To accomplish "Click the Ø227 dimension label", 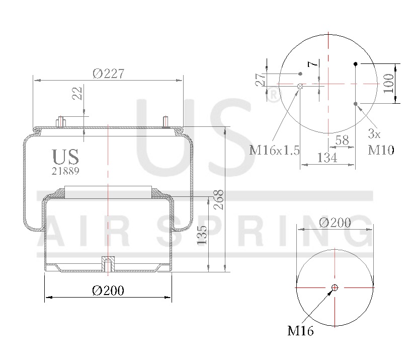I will pos(108,74).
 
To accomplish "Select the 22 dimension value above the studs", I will pos(77,93).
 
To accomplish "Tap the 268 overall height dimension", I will pos(218,198).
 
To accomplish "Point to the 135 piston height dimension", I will pos(202,235).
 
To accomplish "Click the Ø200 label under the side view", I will pos(108,291).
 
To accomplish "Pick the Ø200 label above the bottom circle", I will pos(336,222).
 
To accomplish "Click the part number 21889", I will pos(65,171).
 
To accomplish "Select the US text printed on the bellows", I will pos(66,157).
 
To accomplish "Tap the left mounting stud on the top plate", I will pos(61,122).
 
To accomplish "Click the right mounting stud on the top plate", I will pos(166,122).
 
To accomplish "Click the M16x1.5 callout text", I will pos(275,150).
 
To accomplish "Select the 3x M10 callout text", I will pos(381,141).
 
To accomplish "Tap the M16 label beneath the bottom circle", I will pos(300,331).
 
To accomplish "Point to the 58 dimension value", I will pos(342,140).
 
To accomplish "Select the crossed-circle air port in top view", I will pos(300,87).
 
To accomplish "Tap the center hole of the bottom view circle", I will pos(335,287).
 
